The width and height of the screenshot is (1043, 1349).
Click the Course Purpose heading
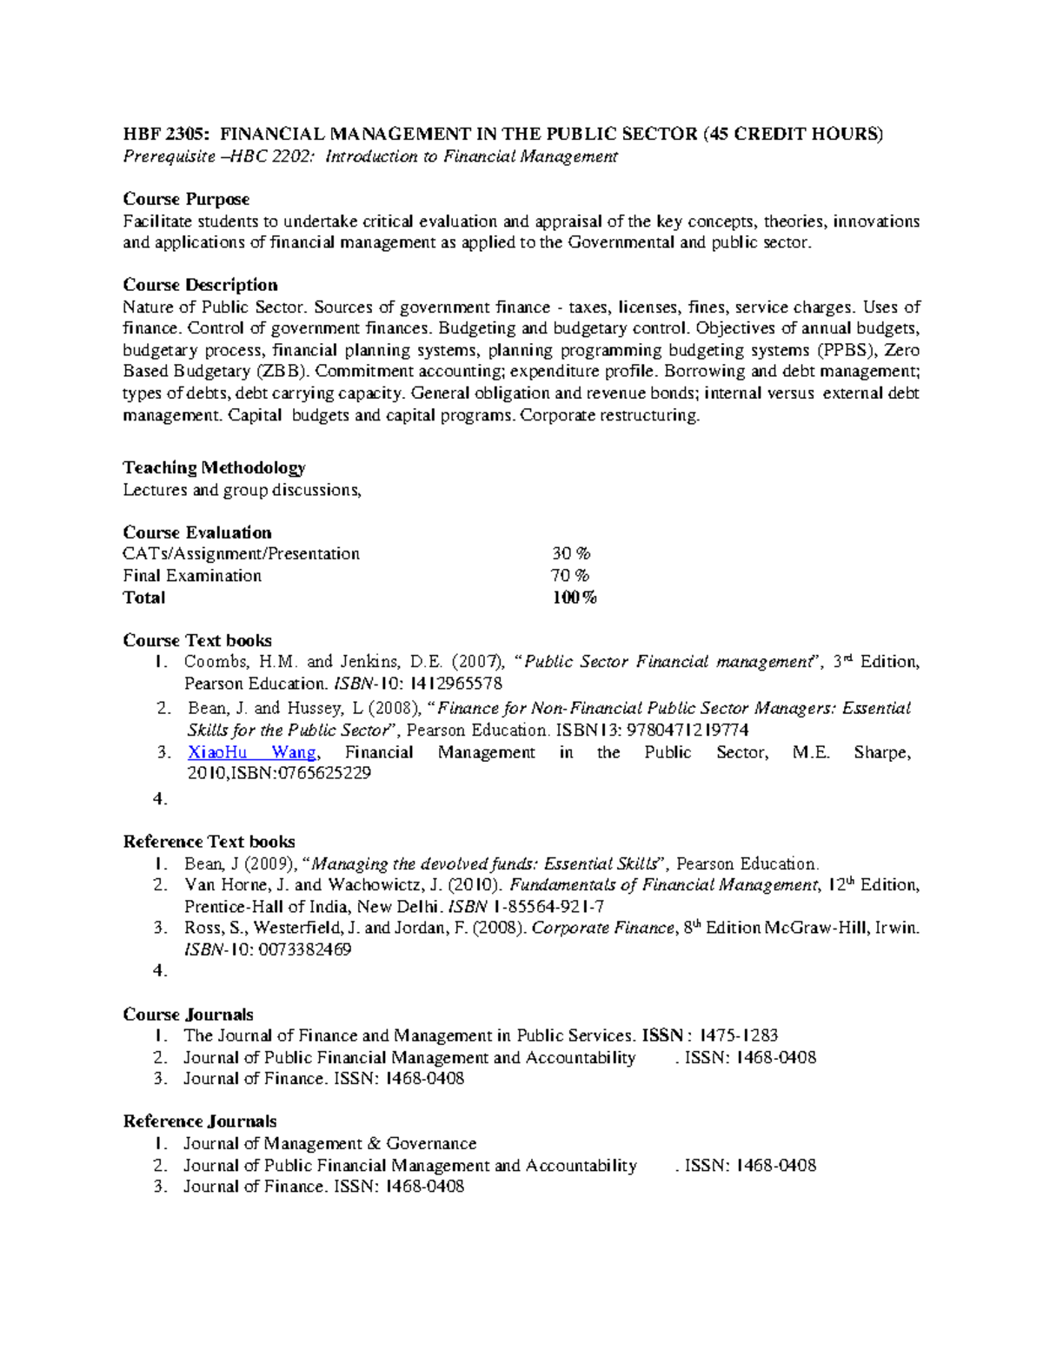tap(186, 199)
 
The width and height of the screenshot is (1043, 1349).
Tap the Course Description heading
tap(200, 285)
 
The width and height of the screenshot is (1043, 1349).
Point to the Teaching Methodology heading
tap(214, 467)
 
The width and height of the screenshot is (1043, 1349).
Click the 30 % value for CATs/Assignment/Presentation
tap(571, 554)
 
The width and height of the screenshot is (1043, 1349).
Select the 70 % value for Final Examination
tap(570, 576)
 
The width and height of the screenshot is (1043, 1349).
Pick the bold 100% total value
tap(575, 598)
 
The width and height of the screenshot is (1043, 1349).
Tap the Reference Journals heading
tap(200, 1121)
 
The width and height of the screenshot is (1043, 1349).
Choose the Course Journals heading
tap(188, 1015)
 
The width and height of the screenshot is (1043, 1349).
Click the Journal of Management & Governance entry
tap(329, 1144)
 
